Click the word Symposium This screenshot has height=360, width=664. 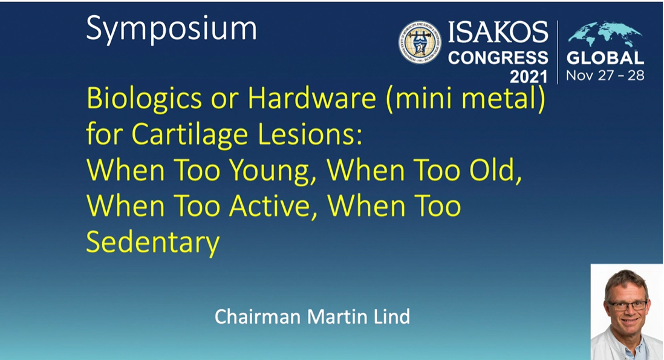pyautogui.click(x=172, y=29)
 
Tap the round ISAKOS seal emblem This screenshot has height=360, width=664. pyautogui.click(x=420, y=42)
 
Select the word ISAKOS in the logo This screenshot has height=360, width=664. pyautogui.click(x=498, y=33)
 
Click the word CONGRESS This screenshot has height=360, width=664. pyautogui.click(x=498, y=57)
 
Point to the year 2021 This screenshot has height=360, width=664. pyautogui.click(x=529, y=77)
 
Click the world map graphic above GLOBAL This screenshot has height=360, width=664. pyautogui.click(x=605, y=34)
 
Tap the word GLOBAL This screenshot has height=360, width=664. pyautogui.click(x=605, y=58)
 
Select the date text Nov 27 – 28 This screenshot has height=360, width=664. pyautogui.click(x=605, y=76)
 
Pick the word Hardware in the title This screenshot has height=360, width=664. pyautogui.click(x=312, y=98)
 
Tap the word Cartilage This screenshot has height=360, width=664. pyautogui.click(x=190, y=136)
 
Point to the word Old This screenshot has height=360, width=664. pyautogui.click(x=495, y=171)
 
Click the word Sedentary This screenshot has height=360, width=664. pyautogui.click(x=153, y=243)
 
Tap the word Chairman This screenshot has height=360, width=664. pyautogui.click(x=258, y=316)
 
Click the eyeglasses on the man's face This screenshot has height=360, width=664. pyautogui.click(x=627, y=305)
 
